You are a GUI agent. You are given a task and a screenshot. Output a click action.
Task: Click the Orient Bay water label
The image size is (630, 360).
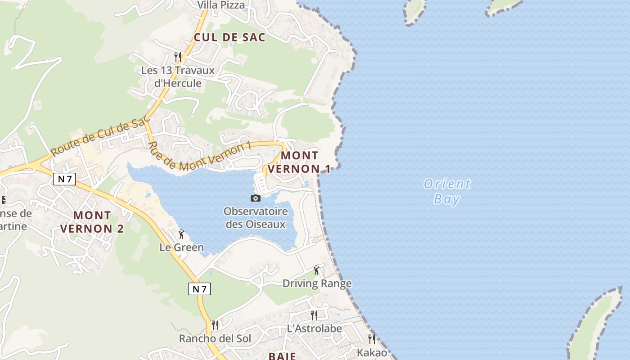(x=447, y=191)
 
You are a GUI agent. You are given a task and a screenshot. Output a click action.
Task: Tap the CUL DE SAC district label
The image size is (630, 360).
(x=229, y=37)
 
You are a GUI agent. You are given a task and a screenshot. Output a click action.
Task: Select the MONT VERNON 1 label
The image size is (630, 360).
(x=300, y=162)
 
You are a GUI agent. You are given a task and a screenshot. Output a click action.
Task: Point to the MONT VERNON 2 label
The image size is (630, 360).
(x=92, y=222)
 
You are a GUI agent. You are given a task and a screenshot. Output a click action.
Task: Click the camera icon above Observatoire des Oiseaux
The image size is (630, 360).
(x=255, y=198)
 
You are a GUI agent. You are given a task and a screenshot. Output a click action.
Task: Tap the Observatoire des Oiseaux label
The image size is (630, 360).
(x=255, y=217)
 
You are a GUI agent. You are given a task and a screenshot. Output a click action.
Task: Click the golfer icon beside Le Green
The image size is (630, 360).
(x=181, y=234)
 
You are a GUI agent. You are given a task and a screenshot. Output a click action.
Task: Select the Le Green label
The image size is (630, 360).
(x=181, y=247)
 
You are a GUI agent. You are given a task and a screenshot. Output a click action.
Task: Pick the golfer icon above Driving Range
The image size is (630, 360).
(x=317, y=270)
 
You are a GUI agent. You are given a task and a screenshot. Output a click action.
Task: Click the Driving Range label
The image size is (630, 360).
(x=317, y=283)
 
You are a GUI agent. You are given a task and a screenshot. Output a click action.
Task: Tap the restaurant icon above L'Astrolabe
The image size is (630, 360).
(x=314, y=315)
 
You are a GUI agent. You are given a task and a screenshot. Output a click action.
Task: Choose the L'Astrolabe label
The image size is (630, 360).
(x=314, y=328)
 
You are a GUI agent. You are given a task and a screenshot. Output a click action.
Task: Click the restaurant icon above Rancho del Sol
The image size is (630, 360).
(x=215, y=325)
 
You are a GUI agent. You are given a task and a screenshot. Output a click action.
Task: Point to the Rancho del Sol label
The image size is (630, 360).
(x=215, y=338)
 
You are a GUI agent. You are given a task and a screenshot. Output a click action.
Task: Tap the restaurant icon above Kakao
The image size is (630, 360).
(x=372, y=339)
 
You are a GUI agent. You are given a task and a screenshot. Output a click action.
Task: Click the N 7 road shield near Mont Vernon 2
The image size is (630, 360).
(x=65, y=179)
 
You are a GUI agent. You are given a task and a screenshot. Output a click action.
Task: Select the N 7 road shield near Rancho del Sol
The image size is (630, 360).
(x=199, y=289)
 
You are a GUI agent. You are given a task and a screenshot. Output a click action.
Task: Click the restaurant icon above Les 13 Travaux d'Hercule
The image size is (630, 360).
(x=178, y=57)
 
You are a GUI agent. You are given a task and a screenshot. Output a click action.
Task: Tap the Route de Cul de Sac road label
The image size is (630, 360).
(x=100, y=138)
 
